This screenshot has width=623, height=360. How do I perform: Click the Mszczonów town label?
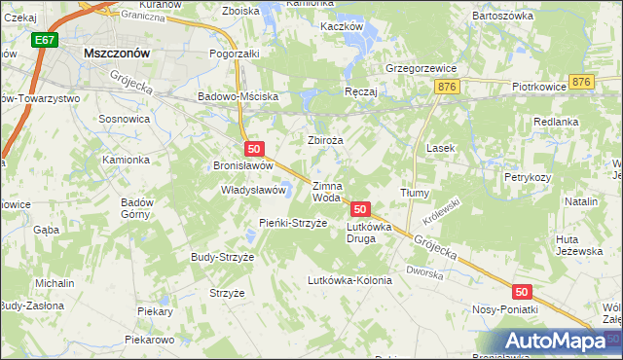pos(116,54)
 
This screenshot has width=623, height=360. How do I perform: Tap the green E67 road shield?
pos(42,41)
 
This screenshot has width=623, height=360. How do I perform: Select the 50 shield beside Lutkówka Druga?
pos(361,209)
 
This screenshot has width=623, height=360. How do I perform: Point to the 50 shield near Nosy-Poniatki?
pos(522,292)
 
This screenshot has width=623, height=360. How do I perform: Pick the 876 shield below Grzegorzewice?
pos(448,88)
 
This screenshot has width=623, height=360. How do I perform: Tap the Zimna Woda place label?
pos(327,192)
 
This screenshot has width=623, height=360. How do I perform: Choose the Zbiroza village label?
pos(326,140)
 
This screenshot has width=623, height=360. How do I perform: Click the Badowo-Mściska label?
pos(238,97)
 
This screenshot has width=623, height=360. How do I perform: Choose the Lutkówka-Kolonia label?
pos(349,280)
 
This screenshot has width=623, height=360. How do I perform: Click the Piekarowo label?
pos(149,341)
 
